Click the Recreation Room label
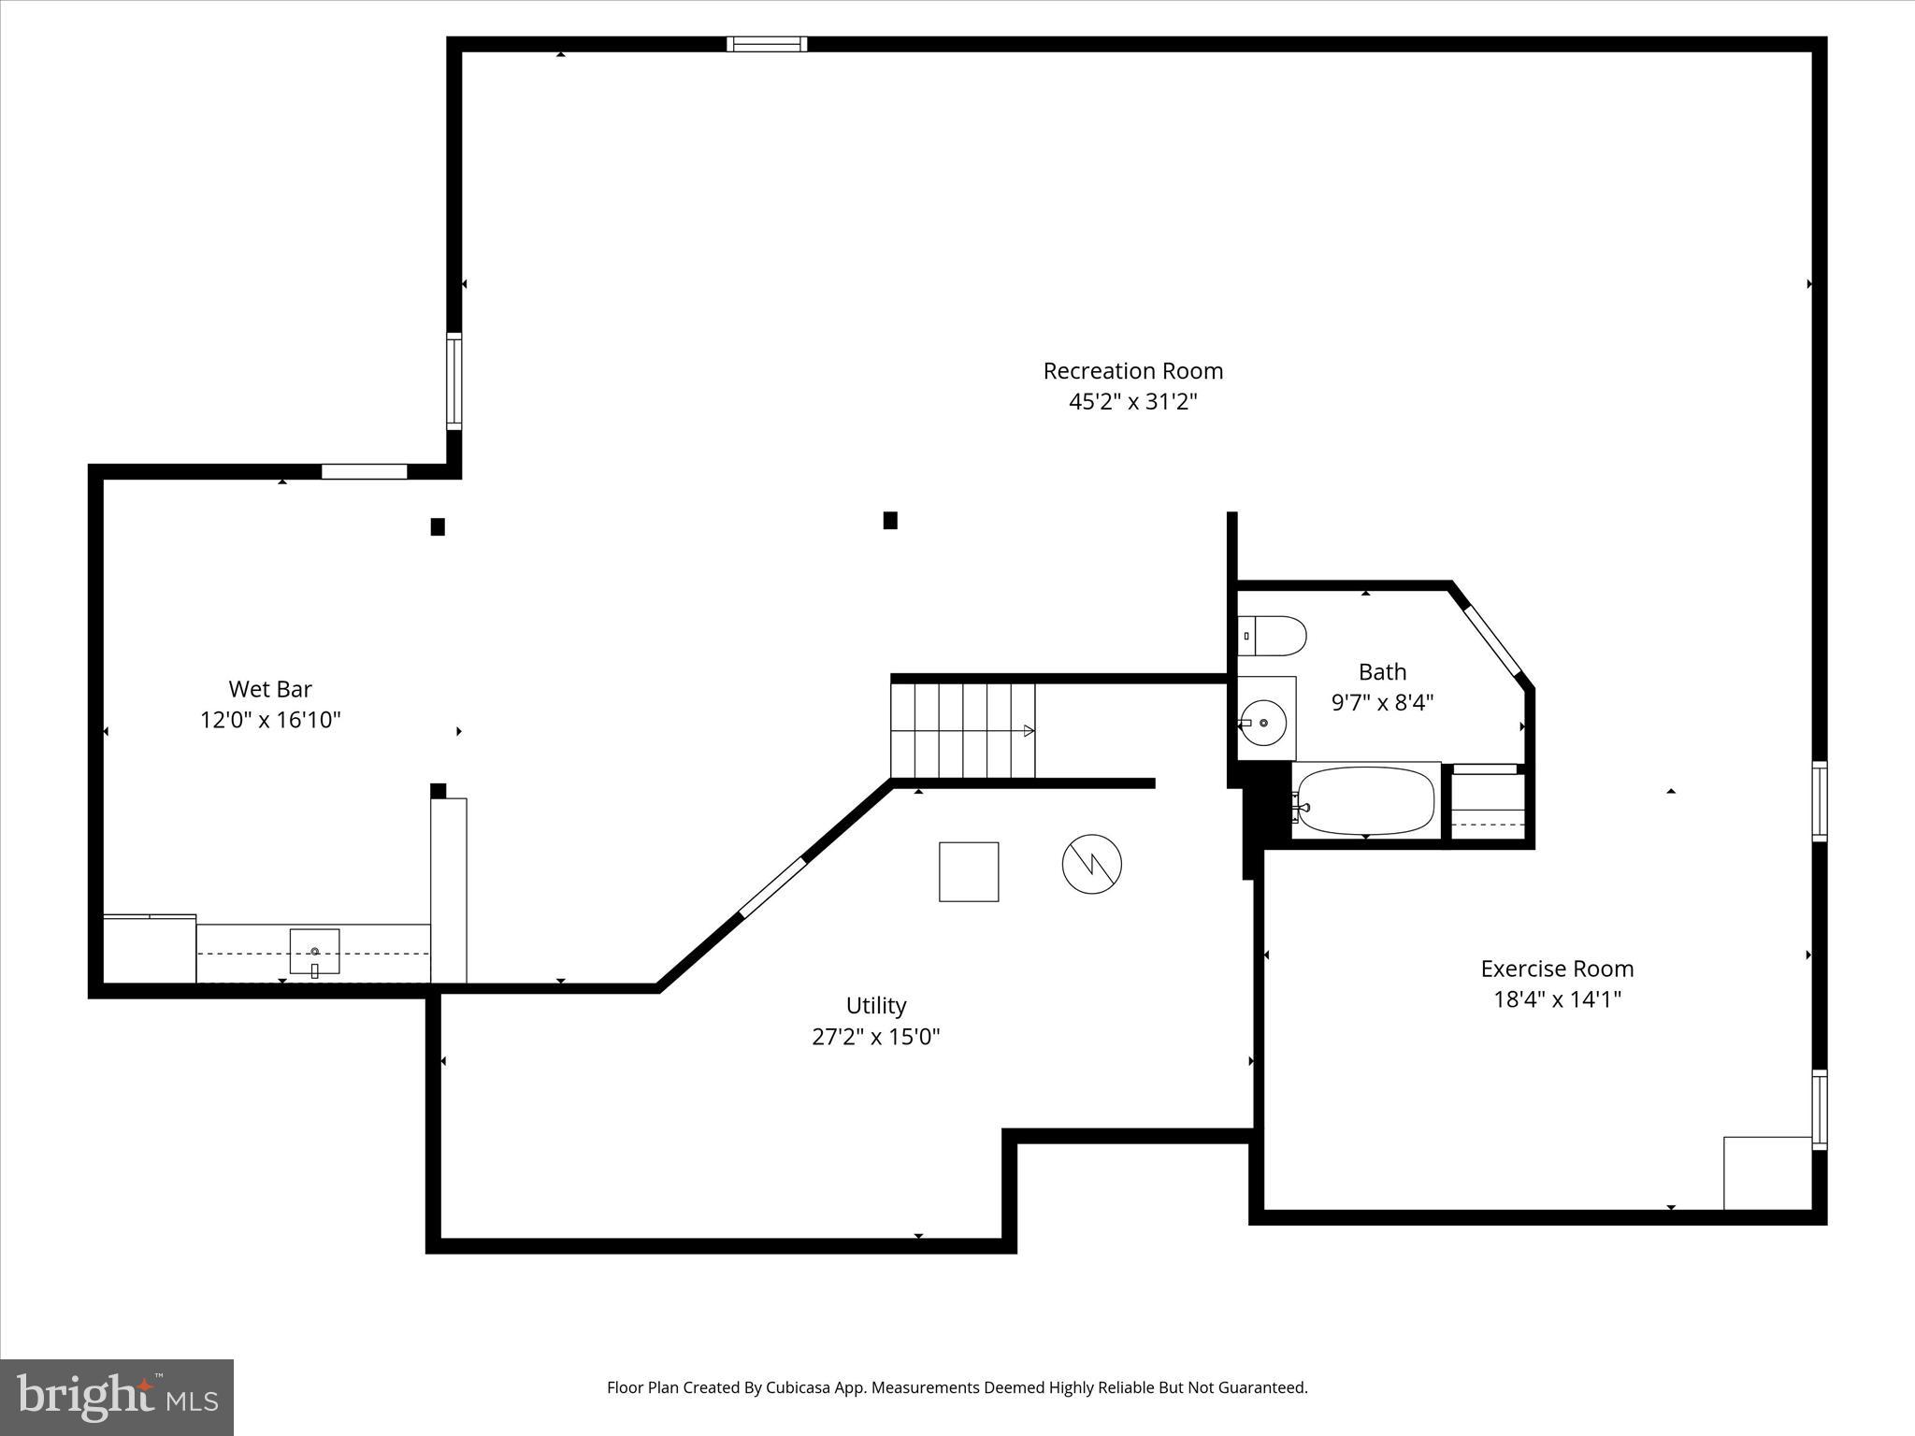click(x=1132, y=371)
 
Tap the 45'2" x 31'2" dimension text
click(x=1132, y=402)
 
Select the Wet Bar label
click(x=270, y=689)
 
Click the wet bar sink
click(x=314, y=952)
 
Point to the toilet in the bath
click(x=1272, y=636)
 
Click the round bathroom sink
click(x=1263, y=722)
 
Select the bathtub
click(x=1365, y=801)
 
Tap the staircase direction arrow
click(x=1028, y=731)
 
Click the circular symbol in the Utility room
click(x=1091, y=863)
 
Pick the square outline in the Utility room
click(x=969, y=871)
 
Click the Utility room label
click(x=876, y=1006)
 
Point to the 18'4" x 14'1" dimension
click(x=1557, y=999)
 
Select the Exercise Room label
click(x=1557, y=969)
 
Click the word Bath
click(x=1382, y=671)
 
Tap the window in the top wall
click(x=767, y=44)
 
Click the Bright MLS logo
click(x=117, y=1397)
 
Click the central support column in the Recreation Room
click(x=890, y=521)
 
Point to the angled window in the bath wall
click(x=1493, y=641)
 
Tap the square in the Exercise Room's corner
click(x=1767, y=1172)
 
